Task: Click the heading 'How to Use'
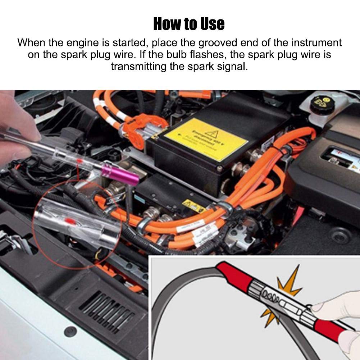click(189, 24)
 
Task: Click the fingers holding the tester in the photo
click(18, 126)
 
